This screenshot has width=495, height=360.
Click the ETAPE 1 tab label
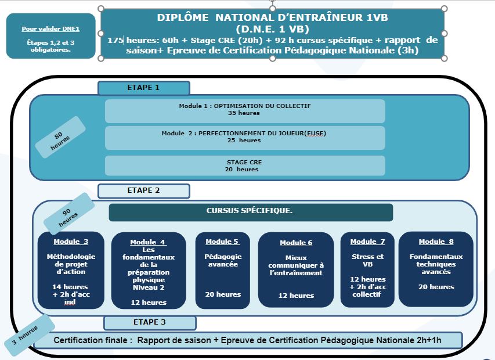[x=144, y=88]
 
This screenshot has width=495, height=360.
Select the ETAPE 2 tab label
[x=144, y=190]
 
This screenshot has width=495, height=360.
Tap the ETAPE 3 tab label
[x=150, y=322]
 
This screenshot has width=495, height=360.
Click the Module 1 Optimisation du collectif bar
[x=245, y=111]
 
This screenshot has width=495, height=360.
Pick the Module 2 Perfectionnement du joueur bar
[x=245, y=138]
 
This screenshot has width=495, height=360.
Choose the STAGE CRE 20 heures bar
[x=245, y=166]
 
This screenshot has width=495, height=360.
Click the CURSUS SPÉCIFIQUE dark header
[x=251, y=212]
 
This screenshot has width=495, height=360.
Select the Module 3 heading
[x=71, y=242]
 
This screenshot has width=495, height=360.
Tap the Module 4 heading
[x=149, y=242]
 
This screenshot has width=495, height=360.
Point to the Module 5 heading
[x=223, y=242]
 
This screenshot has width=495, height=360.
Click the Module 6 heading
[x=296, y=243]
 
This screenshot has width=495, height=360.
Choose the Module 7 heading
[x=368, y=242]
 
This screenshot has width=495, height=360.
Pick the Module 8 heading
[x=436, y=242]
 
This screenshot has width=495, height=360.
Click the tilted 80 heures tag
[x=60, y=137]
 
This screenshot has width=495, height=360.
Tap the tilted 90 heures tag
[x=68, y=214]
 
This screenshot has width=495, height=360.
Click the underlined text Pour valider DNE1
[x=50, y=28]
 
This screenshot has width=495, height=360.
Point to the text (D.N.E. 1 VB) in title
[x=272, y=29]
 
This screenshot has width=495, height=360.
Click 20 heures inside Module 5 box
[x=223, y=294]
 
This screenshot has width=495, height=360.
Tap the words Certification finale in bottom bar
[x=91, y=340]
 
